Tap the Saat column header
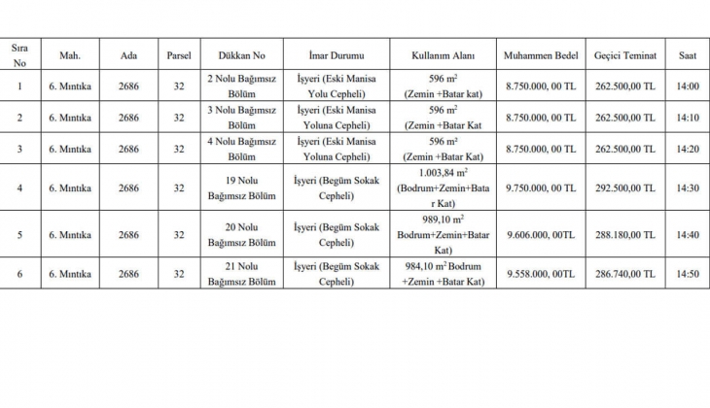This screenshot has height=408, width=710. coord(687,55)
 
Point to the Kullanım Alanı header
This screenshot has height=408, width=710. coord(442,55)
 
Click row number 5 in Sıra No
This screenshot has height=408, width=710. coord(19,235)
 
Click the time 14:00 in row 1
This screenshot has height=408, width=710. coord(687,86)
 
